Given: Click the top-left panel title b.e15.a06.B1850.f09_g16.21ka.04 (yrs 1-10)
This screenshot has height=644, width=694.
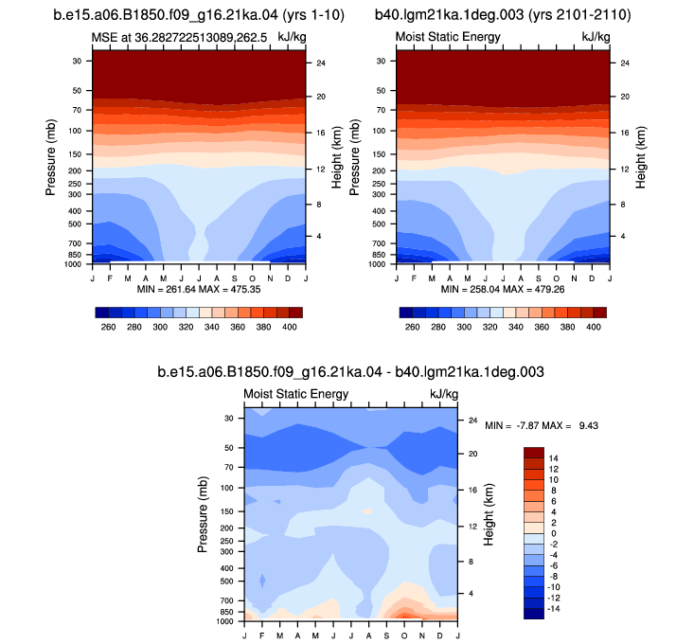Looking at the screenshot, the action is coord(199,14).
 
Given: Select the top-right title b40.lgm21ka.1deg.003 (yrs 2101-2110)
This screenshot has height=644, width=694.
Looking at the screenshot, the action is coord(503,14).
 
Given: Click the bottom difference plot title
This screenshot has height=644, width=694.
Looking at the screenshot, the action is coord(350,372).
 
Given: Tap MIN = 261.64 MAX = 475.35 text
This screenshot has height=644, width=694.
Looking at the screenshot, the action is coord(199,290).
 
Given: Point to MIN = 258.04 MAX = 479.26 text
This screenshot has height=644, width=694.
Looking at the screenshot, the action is coord(503,290).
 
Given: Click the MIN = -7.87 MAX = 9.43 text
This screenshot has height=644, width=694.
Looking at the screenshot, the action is coord(542,426).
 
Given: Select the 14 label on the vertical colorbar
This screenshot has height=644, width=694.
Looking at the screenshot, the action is coord(553,458).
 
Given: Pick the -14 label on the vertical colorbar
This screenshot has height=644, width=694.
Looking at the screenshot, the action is coord(553,609).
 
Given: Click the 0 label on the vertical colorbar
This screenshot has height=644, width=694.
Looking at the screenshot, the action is coord(553,534).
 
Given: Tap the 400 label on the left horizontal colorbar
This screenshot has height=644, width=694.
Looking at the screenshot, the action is coord(290,327).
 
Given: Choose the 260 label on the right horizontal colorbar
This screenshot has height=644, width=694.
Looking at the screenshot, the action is coord(412,327).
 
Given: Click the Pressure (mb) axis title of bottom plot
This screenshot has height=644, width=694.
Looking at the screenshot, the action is coord(203,514).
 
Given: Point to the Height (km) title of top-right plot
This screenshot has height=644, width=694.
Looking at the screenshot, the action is coord(640,157).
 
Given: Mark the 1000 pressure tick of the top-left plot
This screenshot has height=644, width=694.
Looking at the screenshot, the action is coord(74,264).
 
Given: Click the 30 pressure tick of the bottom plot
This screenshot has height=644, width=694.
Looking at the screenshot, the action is coord(228,419).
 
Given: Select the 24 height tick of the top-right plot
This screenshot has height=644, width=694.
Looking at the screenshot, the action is coord(625,63).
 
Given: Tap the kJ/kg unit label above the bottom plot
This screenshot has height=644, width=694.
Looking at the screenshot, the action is coord(444,394).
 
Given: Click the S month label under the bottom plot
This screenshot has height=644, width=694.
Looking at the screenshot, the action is coord(386,636).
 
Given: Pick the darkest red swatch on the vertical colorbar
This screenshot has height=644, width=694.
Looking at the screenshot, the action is coord(534,453).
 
